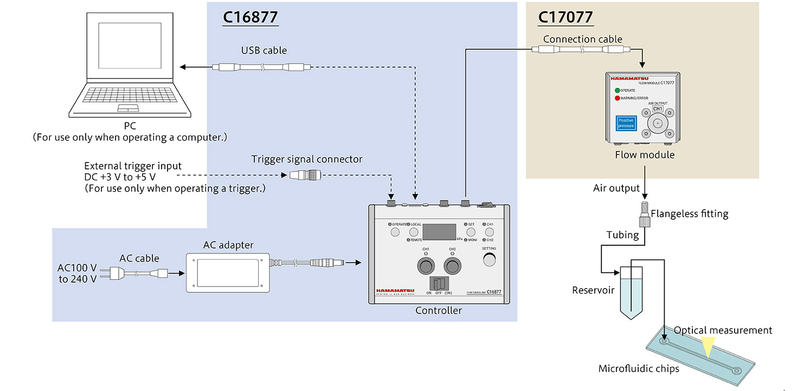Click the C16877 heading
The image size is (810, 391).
pos(250,17)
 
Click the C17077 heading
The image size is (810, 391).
pos(565,17)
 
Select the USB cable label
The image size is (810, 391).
pos(264,50)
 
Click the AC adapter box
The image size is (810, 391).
pos(228,272)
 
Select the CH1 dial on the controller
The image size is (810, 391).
pos(426,266)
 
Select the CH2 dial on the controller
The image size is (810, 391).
pos(453,266)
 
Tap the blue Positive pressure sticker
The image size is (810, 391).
pos(626,123)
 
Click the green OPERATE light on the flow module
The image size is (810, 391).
pos(617,90)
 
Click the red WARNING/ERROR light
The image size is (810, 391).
pos(617,98)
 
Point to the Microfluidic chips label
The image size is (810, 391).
pos(638,369)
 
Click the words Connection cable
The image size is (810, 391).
pos(582,39)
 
